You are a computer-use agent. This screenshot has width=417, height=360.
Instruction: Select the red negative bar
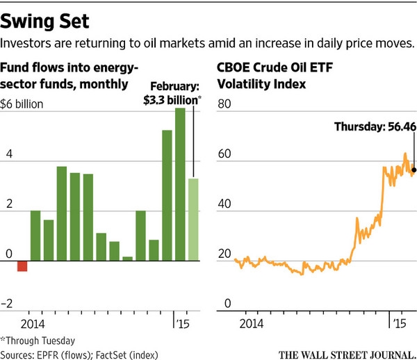22,266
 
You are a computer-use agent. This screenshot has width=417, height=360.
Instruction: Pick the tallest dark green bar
180,184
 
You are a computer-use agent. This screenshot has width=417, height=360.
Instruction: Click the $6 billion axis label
26,106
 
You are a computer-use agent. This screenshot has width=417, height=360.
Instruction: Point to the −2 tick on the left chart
9,303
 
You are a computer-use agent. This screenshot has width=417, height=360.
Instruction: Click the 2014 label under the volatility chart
251,324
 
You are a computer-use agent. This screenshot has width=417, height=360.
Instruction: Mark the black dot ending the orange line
414,169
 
